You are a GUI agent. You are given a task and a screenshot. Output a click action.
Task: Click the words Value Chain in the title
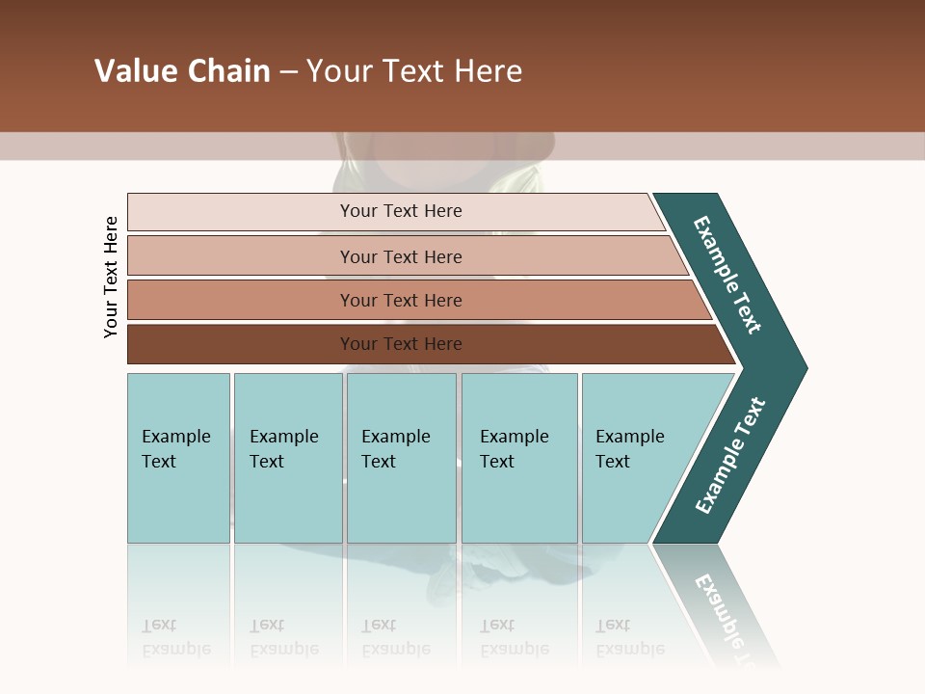pyautogui.click(x=182, y=71)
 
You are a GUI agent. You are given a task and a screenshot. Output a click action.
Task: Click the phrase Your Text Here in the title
pyautogui.click(x=414, y=71)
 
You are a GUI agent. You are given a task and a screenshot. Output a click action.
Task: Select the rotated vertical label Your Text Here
pyautogui.click(x=111, y=277)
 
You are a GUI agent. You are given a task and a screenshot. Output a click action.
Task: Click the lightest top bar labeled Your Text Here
pyautogui.click(x=400, y=211)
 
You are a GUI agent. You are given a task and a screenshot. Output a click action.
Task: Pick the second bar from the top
pyautogui.click(x=400, y=256)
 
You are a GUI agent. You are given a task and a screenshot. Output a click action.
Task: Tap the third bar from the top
pyautogui.click(x=400, y=300)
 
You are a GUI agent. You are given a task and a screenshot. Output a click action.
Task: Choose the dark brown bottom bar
pyautogui.click(x=400, y=344)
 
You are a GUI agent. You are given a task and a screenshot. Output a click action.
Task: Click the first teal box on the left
pyautogui.click(x=178, y=458)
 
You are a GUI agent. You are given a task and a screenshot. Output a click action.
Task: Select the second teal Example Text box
pyautogui.click(x=288, y=458)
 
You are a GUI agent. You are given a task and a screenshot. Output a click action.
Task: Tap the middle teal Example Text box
pyautogui.click(x=401, y=458)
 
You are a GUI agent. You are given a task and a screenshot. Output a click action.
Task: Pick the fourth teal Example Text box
pyautogui.click(x=519, y=458)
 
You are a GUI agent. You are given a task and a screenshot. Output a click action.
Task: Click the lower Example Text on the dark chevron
pyautogui.click(x=730, y=456)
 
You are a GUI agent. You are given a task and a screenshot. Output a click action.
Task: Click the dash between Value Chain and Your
pyautogui.click(x=288, y=72)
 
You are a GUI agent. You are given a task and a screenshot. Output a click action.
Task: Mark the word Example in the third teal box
pyautogui.click(x=395, y=437)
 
